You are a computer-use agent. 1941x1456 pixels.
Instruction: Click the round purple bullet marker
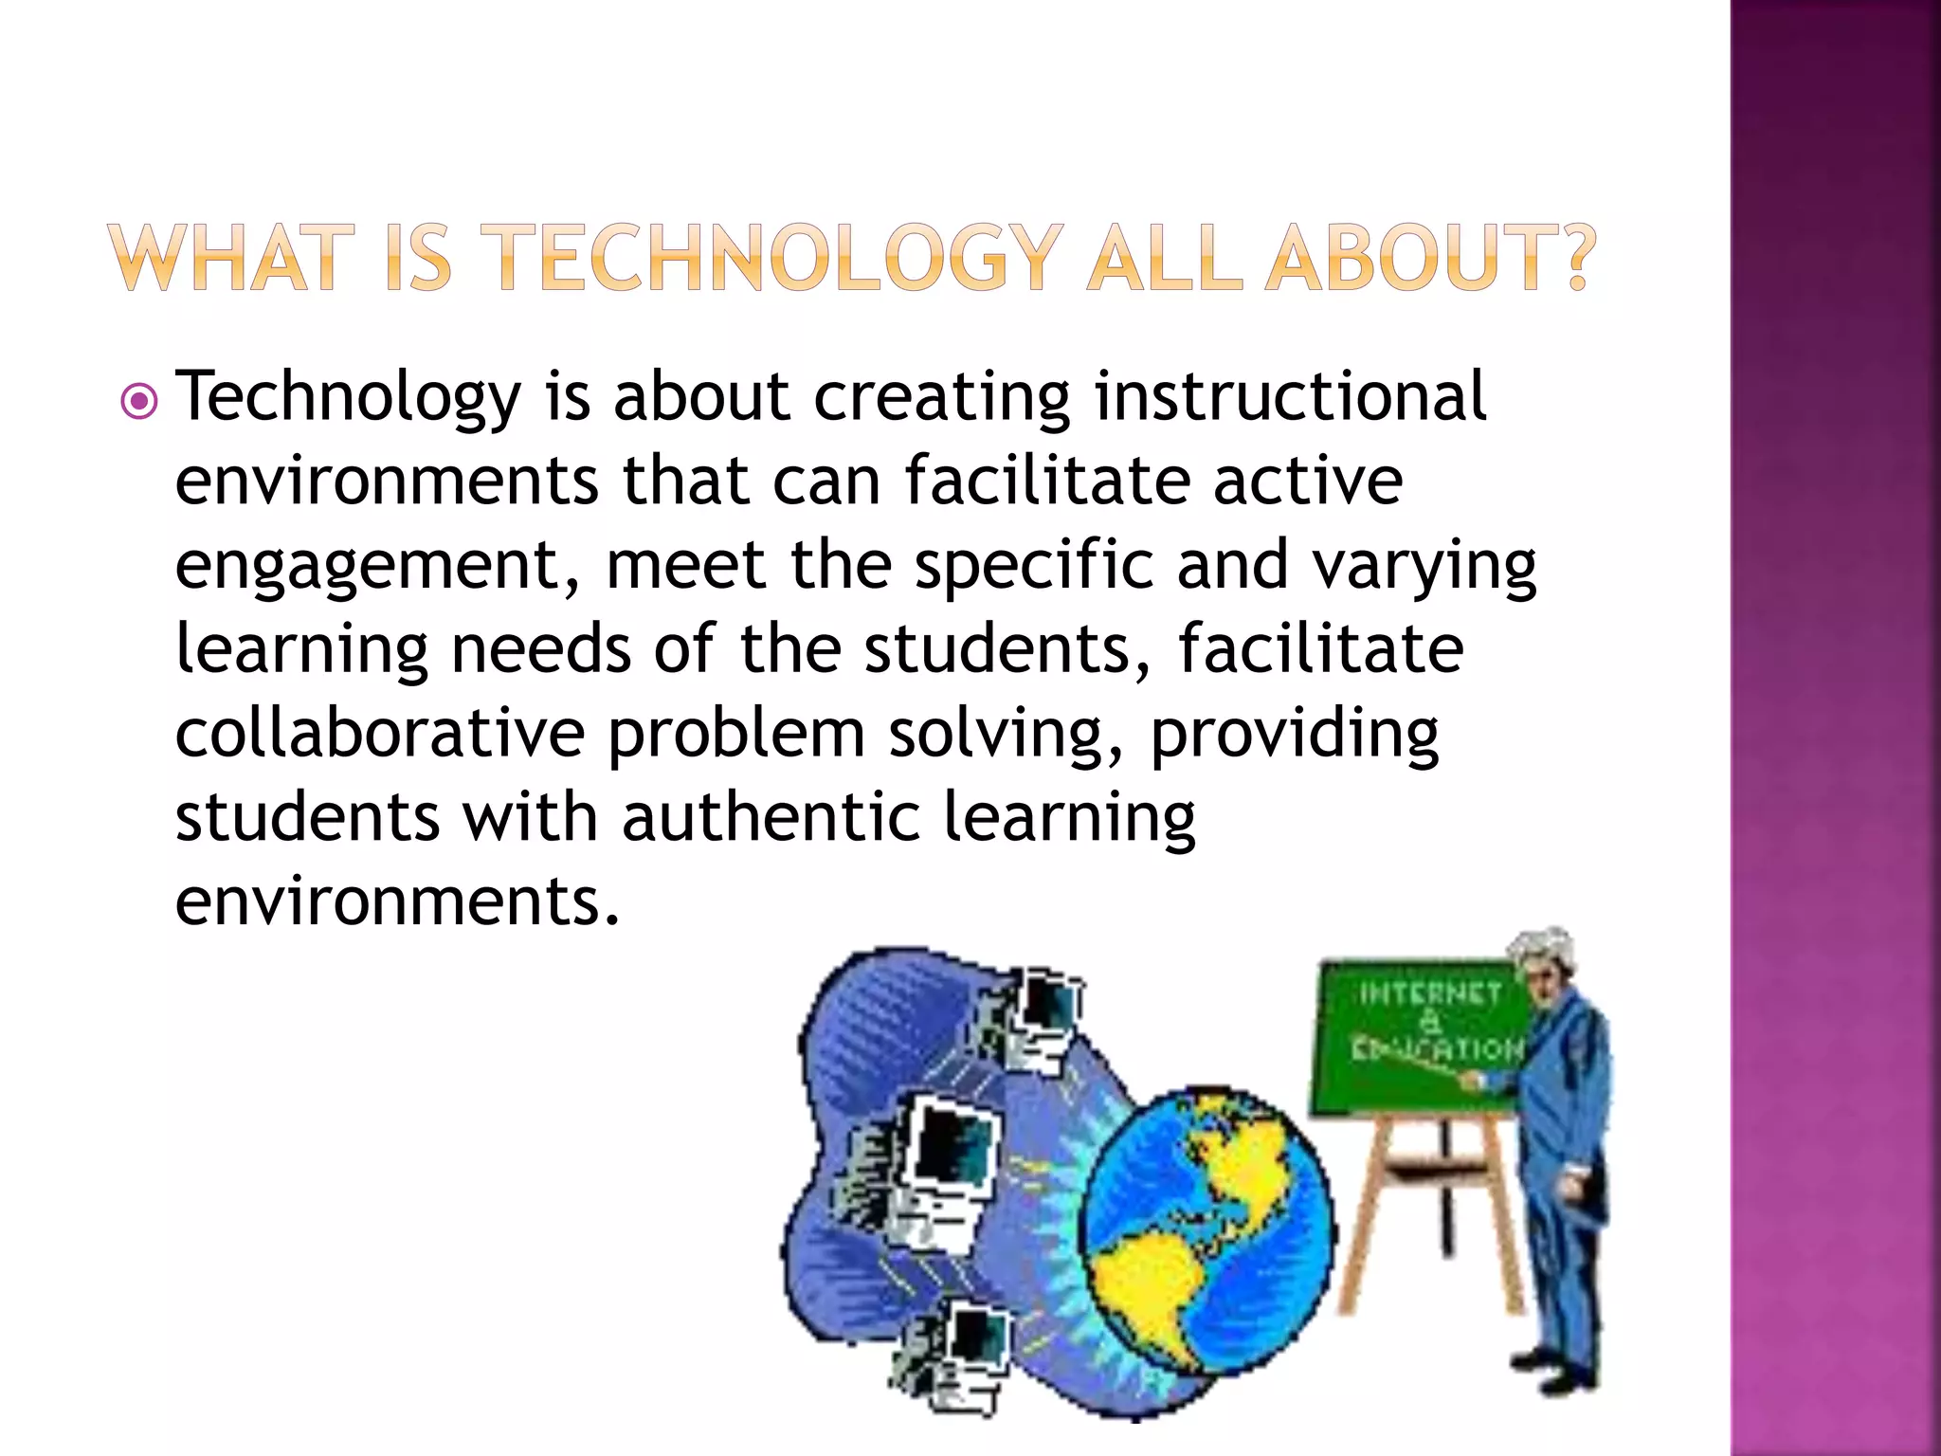[139, 402]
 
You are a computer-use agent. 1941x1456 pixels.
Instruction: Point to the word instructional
[1290, 396]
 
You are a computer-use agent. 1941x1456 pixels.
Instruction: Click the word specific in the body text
[1034, 567]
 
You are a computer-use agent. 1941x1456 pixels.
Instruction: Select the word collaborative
[380, 733]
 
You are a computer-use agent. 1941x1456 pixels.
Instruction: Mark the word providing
[1294, 735]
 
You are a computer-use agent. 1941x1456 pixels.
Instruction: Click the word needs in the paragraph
[540, 649]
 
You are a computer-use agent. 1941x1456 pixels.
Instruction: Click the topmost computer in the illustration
[1038, 1014]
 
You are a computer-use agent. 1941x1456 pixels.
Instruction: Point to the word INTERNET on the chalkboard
[1429, 993]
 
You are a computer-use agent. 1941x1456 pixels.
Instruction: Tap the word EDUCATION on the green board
[1437, 1049]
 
